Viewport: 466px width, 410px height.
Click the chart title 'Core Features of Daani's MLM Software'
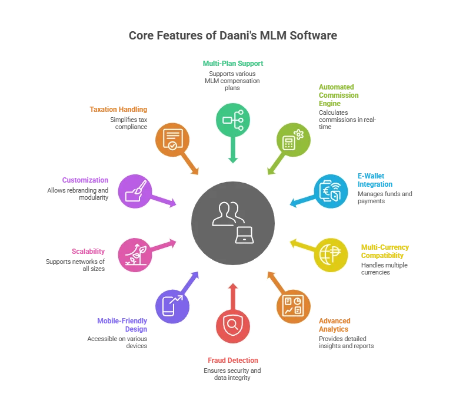click(x=232, y=35)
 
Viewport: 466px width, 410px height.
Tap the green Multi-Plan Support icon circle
click(x=233, y=120)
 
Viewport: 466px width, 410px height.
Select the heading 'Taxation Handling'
click(x=118, y=110)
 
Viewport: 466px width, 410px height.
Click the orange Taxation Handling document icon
click(x=172, y=139)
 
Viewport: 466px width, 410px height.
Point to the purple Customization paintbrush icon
click(x=135, y=191)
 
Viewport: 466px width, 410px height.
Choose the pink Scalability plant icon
click(x=135, y=254)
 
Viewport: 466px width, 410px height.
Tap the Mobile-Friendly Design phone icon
click(x=172, y=306)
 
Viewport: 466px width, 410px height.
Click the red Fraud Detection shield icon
click(x=233, y=326)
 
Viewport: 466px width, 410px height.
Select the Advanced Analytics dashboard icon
click(x=294, y=306)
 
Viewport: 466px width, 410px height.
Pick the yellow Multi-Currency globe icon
click(x=331, y=254)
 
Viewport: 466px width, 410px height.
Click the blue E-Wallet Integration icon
click(x=331, y=191)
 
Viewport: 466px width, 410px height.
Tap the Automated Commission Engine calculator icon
click(x=294, y=139)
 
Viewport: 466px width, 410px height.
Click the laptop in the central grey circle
click(x=244, y=236)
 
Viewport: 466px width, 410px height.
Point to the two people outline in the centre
click(x=228, y=214)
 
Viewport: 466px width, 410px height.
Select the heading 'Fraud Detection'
click(x=232, y=361)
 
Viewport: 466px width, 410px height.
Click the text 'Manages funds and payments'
click(x=385, y=197)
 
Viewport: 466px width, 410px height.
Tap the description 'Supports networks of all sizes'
click(x=75, y=265)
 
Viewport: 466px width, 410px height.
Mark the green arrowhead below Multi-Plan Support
click(x=233, y=160)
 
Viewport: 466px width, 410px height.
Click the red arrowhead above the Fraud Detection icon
click(x=233, y=286)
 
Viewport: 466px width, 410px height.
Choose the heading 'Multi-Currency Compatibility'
click(x=385, y=252)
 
